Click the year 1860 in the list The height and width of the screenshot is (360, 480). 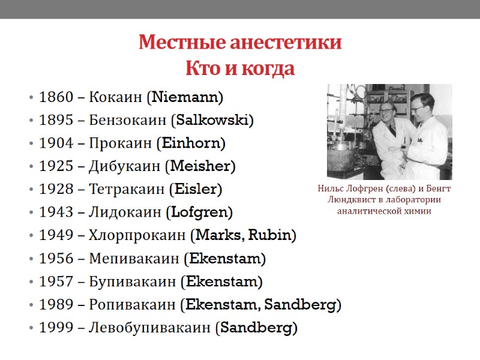pos(56,97)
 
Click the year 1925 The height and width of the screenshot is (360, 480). pos(56,166)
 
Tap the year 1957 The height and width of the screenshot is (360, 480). pos(56,282)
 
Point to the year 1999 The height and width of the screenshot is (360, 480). pos(56,328)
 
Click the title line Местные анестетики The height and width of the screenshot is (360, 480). pos(240,43)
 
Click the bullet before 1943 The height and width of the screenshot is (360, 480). pos(30,213)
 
